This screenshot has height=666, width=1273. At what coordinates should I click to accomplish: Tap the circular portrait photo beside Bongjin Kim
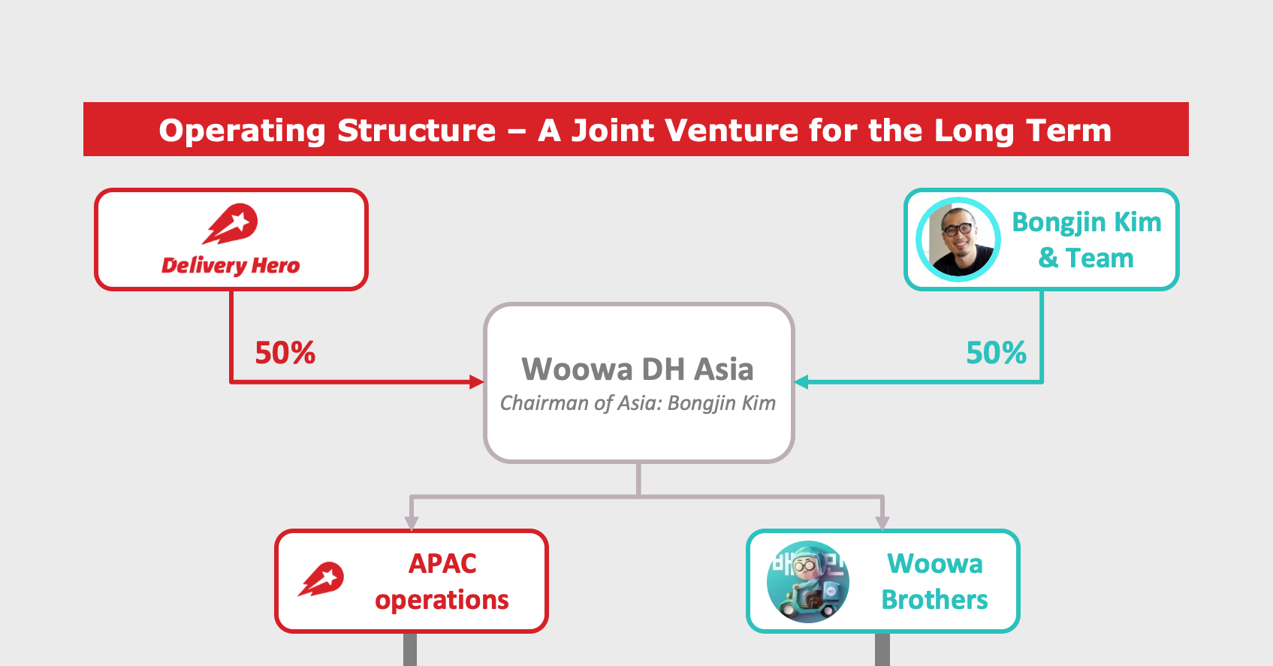[x=958, y=240]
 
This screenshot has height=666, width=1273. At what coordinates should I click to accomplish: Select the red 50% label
[x=285, y=353]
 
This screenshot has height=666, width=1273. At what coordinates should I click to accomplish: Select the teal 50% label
[x=996, y=353]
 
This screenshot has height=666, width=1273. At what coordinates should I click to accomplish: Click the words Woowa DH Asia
[x=638, y=369]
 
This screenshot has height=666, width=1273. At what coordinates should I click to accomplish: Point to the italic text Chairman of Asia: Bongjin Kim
[x=638, y=403]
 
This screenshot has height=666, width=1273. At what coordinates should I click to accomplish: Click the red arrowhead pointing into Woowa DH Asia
[x=477, y=382]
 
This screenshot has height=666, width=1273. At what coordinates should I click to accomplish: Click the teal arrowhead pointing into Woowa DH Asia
[x=801, y=382]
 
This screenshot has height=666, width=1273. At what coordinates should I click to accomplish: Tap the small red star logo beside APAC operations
[x=321, y=580]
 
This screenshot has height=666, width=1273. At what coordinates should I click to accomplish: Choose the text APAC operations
[x=442, y=581]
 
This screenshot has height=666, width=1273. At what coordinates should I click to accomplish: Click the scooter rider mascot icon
[x=807, y=582]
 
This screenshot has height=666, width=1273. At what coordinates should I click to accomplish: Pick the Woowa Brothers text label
[x=934, y=581]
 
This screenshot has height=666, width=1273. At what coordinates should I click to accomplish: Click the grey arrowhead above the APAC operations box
[x=411, y=523]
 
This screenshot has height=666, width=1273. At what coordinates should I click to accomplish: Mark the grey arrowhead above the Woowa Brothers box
[x=882, y=523]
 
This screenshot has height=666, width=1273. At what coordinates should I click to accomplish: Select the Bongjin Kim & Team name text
[x=1086, y=240]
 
